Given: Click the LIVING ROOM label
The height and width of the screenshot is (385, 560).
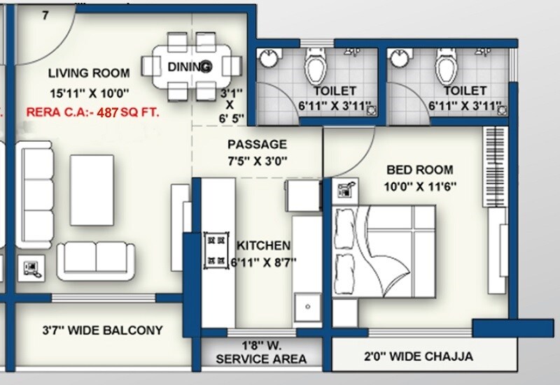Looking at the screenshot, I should (x=88, y=73).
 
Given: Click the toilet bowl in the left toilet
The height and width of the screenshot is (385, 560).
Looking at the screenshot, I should (x=314, y=68).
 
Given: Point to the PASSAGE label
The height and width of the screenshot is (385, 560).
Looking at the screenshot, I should (x=257, y=145).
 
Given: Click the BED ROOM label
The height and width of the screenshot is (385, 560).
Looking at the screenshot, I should (x=420, y=169).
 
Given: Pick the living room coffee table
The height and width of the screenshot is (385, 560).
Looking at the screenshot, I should (x=92, y=177).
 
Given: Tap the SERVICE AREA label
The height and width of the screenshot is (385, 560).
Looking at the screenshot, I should (x=261, y=359).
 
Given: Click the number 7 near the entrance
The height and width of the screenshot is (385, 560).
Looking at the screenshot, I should (x=45, y=15).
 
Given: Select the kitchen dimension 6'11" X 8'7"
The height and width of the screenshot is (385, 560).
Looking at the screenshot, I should (x=263, y=263).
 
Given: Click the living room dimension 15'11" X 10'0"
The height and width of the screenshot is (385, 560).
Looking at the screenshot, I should (x=88, y=92).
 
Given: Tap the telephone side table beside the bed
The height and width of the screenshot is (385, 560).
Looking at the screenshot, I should (x=347, y=189).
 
